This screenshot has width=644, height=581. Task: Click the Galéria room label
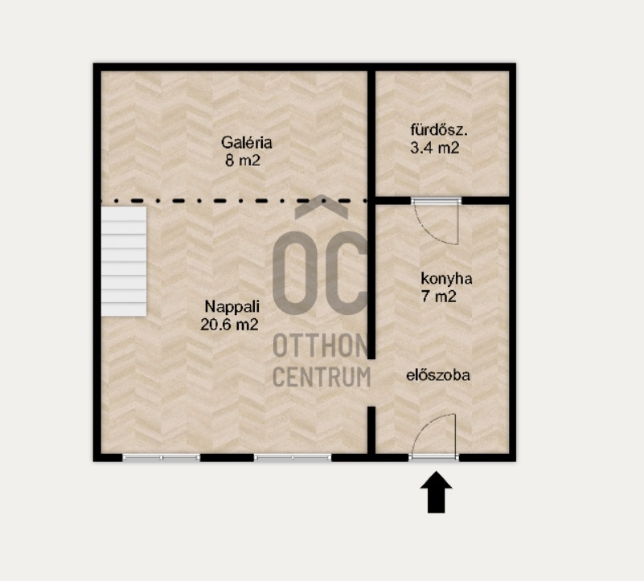point(247,142)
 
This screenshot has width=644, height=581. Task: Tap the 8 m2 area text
point(243,160)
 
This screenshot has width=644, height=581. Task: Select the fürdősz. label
point(439,129)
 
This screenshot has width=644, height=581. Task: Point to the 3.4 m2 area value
point(434,147)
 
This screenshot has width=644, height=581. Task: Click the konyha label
point(446,279)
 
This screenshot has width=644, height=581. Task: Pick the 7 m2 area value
point(439,296)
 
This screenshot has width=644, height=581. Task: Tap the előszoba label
point(438,375)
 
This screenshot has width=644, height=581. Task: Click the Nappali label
point(232,307)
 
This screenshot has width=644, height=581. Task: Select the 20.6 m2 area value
point(229,325)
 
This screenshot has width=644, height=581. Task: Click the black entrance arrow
point(437,492)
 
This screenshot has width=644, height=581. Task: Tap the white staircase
point(124,261)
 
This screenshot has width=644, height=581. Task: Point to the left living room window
point(162,457)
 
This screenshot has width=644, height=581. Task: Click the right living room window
point(293,457)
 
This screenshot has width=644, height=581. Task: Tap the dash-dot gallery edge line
point(234,201)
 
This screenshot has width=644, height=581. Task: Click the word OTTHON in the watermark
point(321,346)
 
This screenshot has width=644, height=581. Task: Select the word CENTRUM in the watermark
point(322,377)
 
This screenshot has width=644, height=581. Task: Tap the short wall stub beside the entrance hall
point(371,430)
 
